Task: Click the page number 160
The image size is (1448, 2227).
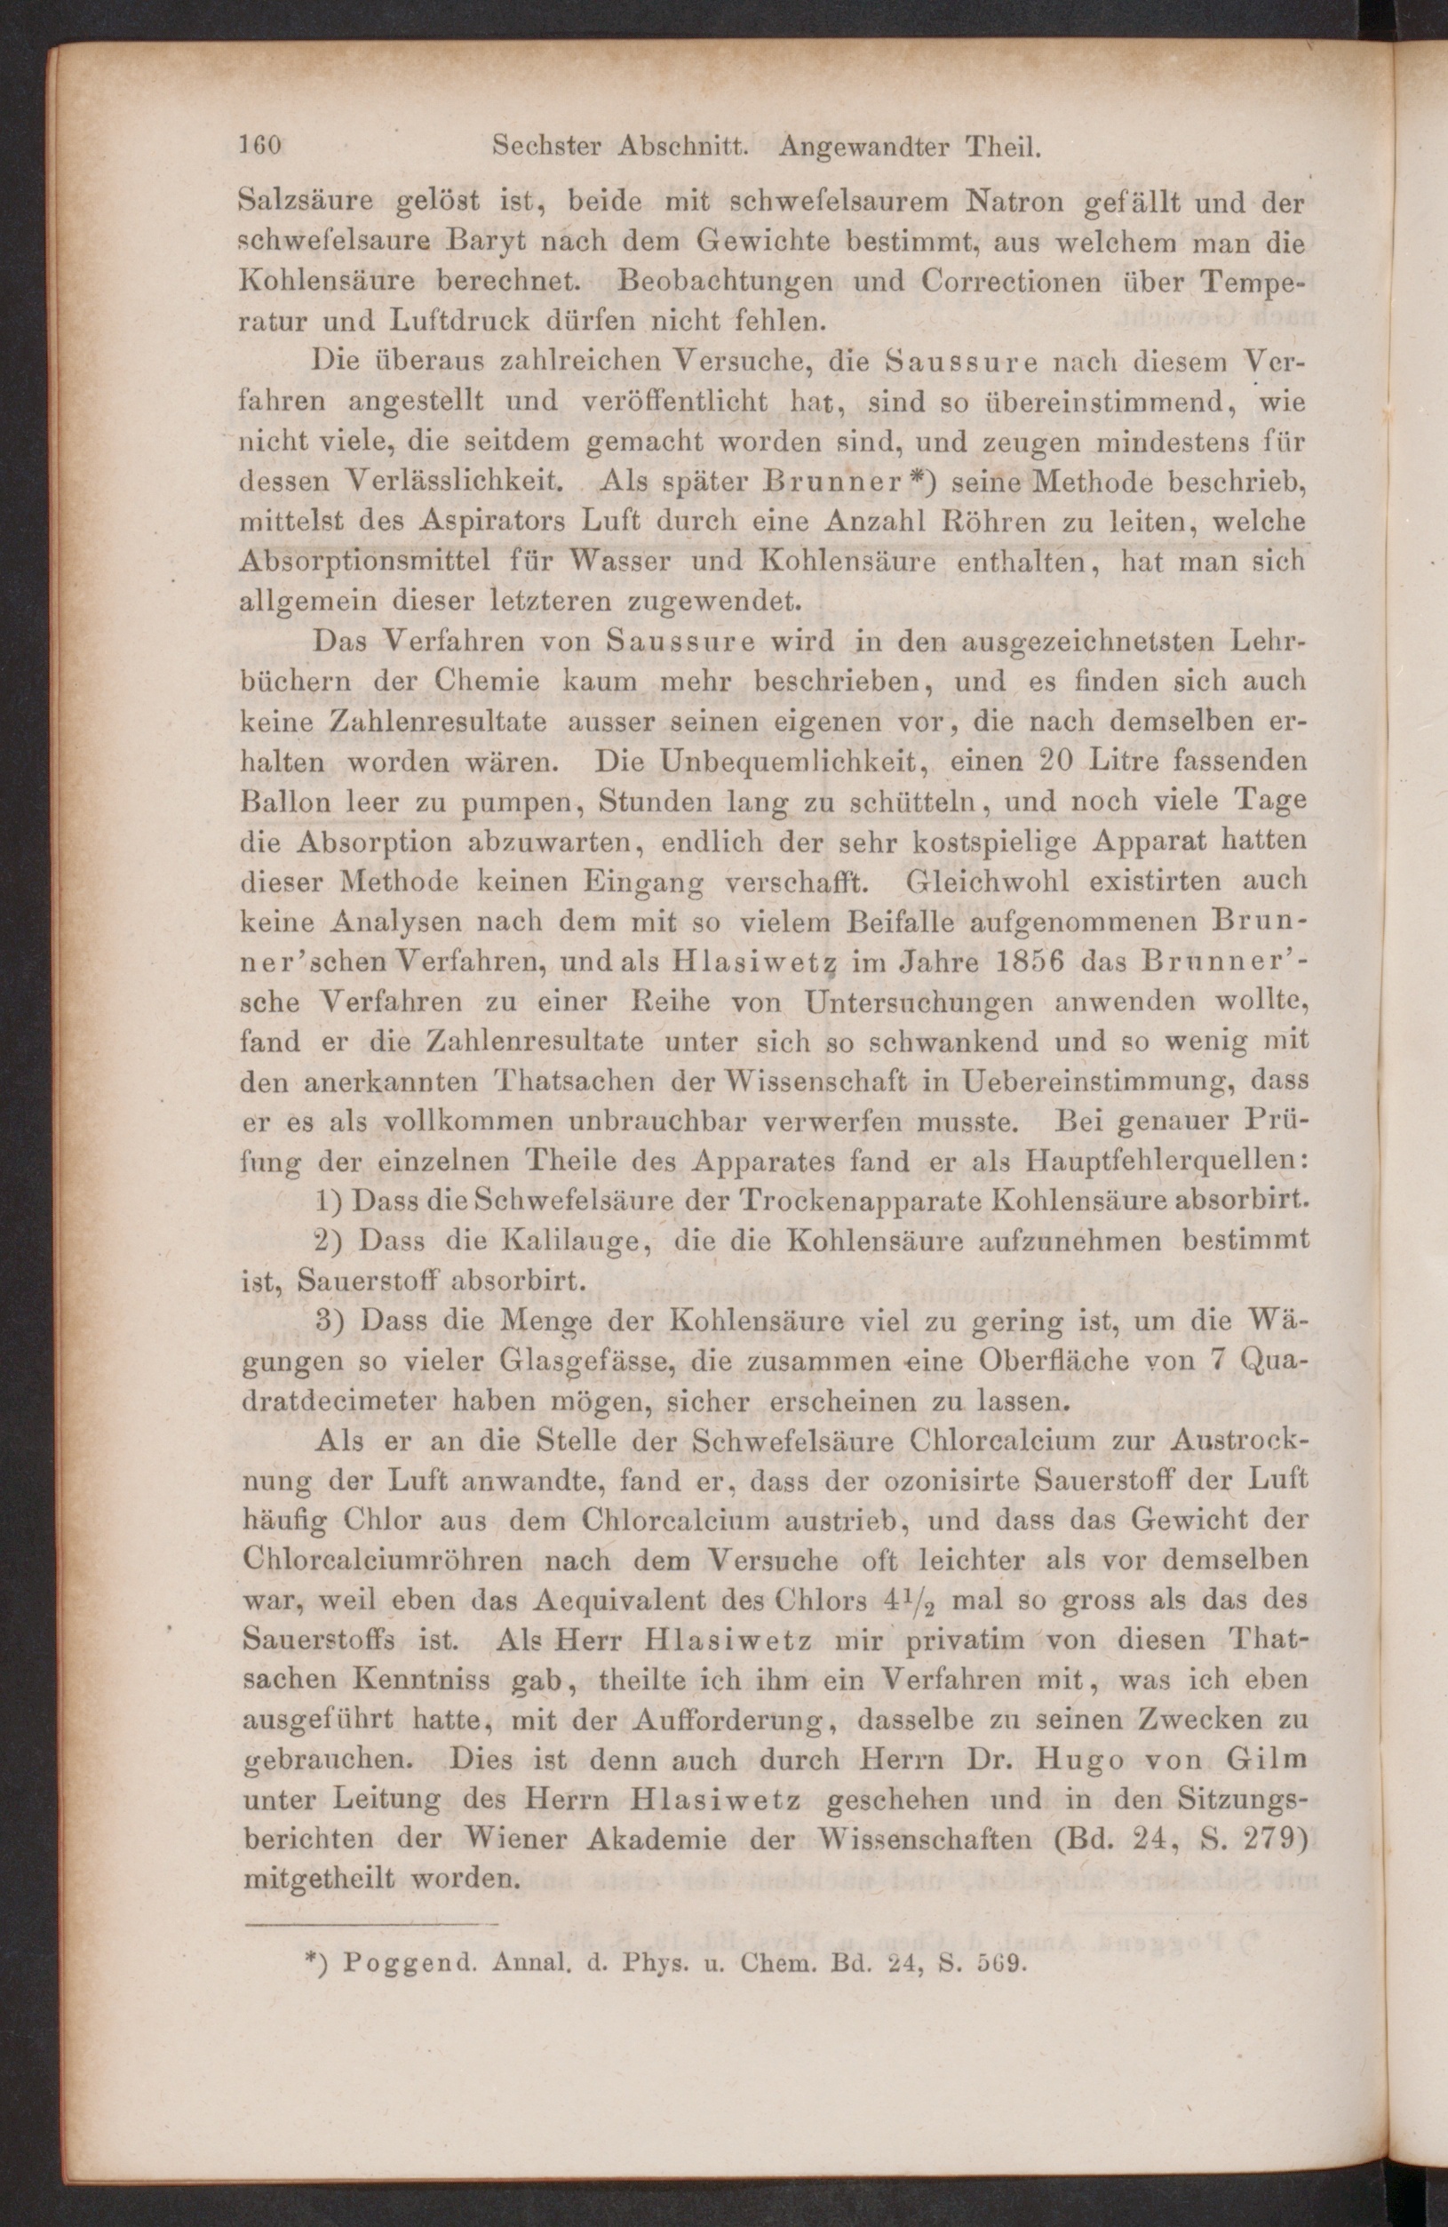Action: tap(261, 147)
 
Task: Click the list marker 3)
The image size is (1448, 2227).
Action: tap(331, 1321)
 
